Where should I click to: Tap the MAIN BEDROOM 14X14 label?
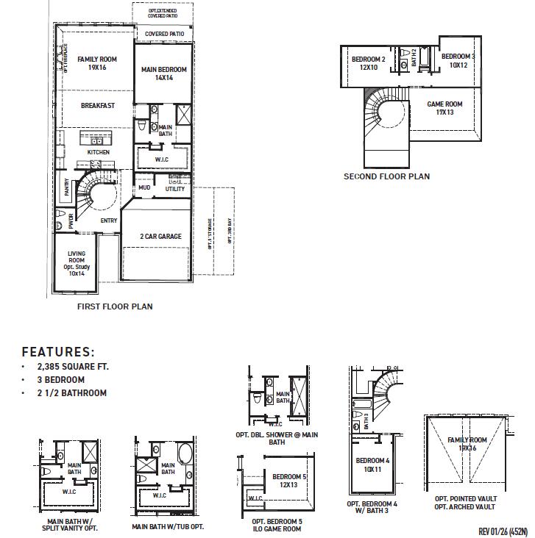pyautogui.click(x=163, y=73)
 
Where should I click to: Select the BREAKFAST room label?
pyautogui.click(x=98, y=106)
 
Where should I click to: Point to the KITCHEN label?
pyautogui.click(x=99, y=152)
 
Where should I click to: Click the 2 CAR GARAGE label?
pyautogui.click(x=160, y=237)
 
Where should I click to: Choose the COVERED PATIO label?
pyautogui.click(x=164, y=34)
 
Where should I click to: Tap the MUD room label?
pyautogui.click(x=144, y=189)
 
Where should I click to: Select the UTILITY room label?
pyautogui.click(x=175, y=189)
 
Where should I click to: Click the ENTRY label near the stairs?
pyautogui.click(x=109, y=220)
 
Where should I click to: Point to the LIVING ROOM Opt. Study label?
pyautogui.click(x=77, y=262)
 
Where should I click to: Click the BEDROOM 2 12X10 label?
pyautogui.click(x=369, y=62)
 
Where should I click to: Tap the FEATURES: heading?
pyautogui.click(x=58, y=352)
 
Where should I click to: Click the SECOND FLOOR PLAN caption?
pyautogui.click(x=386, y=176)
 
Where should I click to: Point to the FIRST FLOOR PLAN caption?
pyautogui.click(x=115, y=306)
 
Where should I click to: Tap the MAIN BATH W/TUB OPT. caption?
pyautogui.click(x=168, y=527)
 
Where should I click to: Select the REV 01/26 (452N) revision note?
pyautogui.click(x=503, y=531)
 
